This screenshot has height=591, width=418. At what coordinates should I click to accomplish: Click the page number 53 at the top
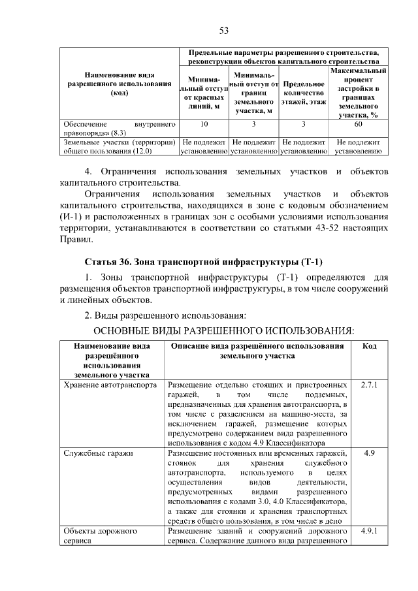(223, 31)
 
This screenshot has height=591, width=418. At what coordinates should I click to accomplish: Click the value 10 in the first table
(204, 123)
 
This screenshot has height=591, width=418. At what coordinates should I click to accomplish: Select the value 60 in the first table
(357, 123)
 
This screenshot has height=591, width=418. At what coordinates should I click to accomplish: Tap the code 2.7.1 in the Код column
(369, 385)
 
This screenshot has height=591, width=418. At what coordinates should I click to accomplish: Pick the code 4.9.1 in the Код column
(369, 532)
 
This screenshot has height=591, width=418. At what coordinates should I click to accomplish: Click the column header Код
(369, 345)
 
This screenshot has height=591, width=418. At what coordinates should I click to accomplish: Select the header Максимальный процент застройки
(357, 93)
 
